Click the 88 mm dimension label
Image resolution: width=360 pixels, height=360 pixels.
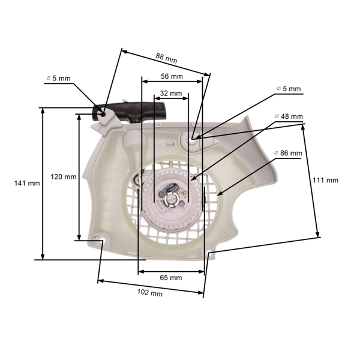pyautogui.click(x=166, y=58)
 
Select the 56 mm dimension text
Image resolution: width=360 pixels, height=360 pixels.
pyautogui.click(x=172, y=76)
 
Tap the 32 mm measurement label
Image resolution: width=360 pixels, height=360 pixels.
pyautogui.click(x=171, y=93)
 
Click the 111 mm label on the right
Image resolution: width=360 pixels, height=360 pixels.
pyautogui.click(x=325, y=180)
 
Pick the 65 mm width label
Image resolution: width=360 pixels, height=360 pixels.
pyautogui.click(x=171, y=278)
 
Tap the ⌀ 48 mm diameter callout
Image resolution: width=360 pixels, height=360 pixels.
pyautogui.click(x=288, y=116)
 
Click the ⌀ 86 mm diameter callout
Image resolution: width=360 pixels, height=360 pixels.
pyautogui.click(x=288, y=153)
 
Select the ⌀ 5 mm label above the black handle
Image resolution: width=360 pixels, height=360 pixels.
pyautogui.click(x=58, y=78)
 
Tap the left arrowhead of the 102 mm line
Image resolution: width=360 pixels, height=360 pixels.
pyautogui.click(x=100, y=280)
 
